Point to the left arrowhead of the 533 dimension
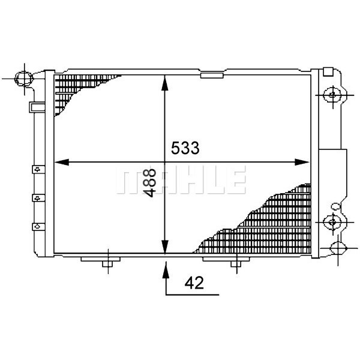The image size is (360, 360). pyautogui.click(x=60, y=161)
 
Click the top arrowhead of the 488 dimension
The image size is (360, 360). pyautogui.click(x=165, y=80)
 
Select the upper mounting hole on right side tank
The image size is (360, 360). pyautogui.click(x=332, y=94)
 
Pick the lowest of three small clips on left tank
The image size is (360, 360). pyautogui.click(x=37, y=226)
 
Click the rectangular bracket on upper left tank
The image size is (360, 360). pyautogui.click(x=37, y=107)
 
